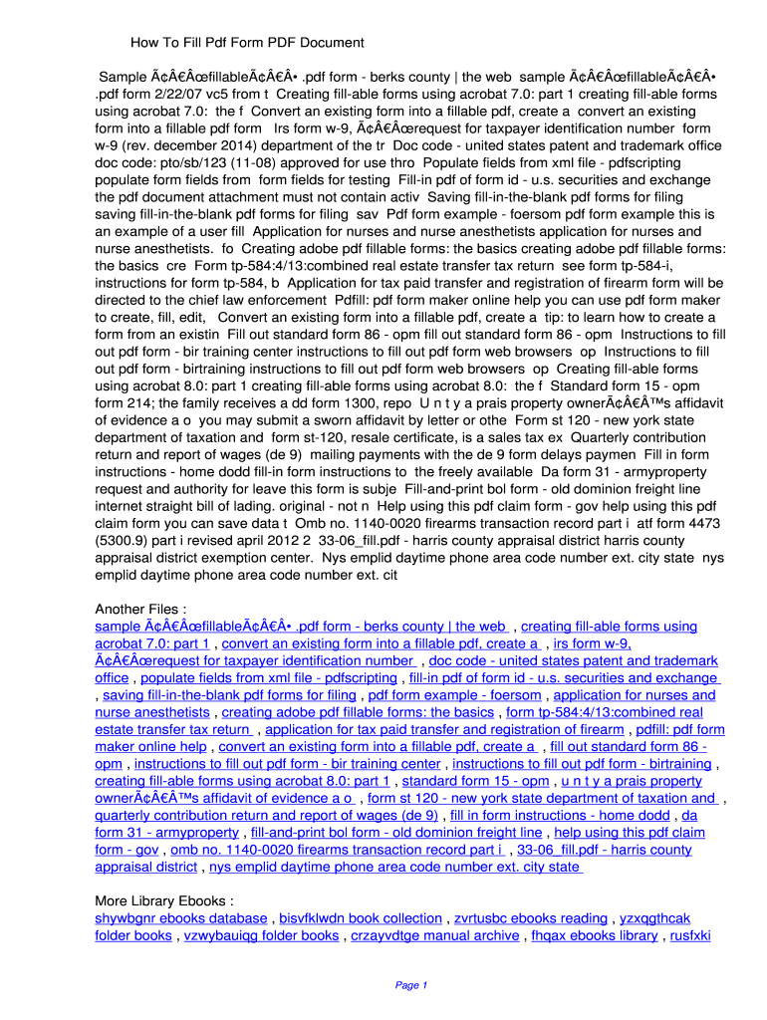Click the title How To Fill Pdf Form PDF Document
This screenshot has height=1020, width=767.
pyautogui.click(x=247, y=43)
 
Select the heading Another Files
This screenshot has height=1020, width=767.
pyautogui.click(x=140, y=609)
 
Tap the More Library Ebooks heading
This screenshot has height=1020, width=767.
pyautogui.click(x=164, y=900)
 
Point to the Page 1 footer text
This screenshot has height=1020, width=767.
pyautogui.click(x=411, y=985)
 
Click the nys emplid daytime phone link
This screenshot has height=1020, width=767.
pyautogui.click(x=395, y=867)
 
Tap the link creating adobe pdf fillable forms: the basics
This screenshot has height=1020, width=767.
pyautogui.click(x=358, y=712)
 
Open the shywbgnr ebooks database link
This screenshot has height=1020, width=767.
pyautogui.click(x=180, y=918)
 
